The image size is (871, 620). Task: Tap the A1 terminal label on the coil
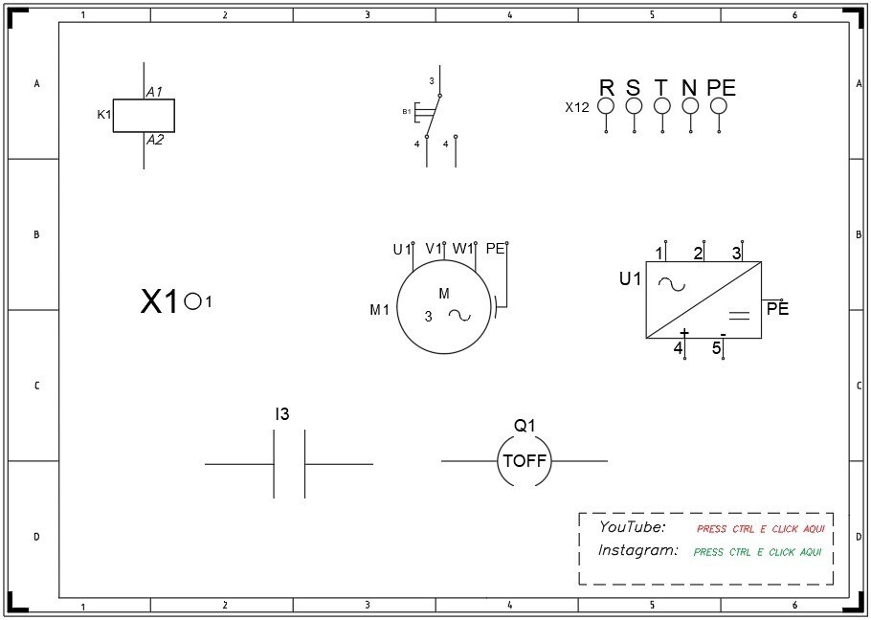click(x=154, y=92)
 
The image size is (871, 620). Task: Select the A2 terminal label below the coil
click(x=155, y=140)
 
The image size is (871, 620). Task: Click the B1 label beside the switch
click(x=407, y=112)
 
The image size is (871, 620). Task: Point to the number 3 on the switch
click(x=432, y=81)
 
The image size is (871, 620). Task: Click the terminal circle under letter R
click(x=606, y=105)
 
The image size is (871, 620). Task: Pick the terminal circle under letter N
click(x=690, y=105)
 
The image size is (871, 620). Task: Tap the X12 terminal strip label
click(x=577, y=108)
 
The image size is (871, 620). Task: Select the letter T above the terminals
click(x=660, y=88)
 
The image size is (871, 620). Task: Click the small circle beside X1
click(x=192, y=301)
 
